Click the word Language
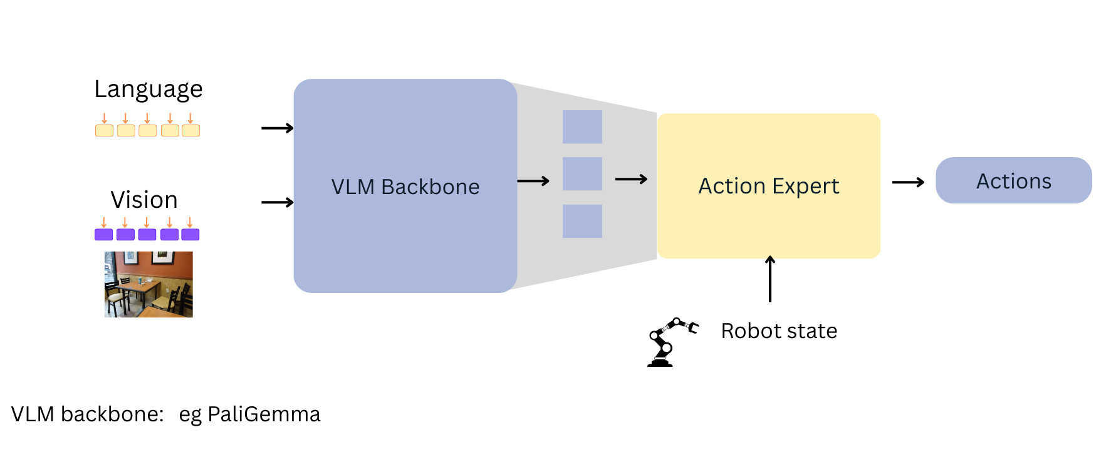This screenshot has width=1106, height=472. (x=149, y=90)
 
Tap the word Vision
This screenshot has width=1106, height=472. (x=144, y=200)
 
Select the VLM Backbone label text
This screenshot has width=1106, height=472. (x=405, y=187)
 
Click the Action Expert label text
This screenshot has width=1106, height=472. (x=768, y=187)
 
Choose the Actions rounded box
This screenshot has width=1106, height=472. (x=1013, y=181)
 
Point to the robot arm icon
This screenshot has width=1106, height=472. (x=669, y=342)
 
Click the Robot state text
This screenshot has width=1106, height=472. (x=778, y=331)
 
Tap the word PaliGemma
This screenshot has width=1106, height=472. (x=264, y=414)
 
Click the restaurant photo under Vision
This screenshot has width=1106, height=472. (x=149, y=284)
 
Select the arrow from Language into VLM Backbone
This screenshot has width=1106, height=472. (x=277, y=128)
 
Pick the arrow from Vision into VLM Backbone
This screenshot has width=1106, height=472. (x=277, y=202)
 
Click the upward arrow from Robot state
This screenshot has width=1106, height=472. (x=770, y=279)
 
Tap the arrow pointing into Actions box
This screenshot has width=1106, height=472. (x=908, y=183)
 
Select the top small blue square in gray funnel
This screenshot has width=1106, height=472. (x=582, y=127)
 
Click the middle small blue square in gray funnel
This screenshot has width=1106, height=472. (x=582, y=174)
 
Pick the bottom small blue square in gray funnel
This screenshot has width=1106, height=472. (x=582, y=221)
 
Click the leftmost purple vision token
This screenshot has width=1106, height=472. (x=103, y=235)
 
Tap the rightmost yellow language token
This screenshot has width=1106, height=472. (x=190, y=131)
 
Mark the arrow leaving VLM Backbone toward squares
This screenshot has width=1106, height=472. (x=533, y=182)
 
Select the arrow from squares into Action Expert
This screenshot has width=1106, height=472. (x=631, y=180)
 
